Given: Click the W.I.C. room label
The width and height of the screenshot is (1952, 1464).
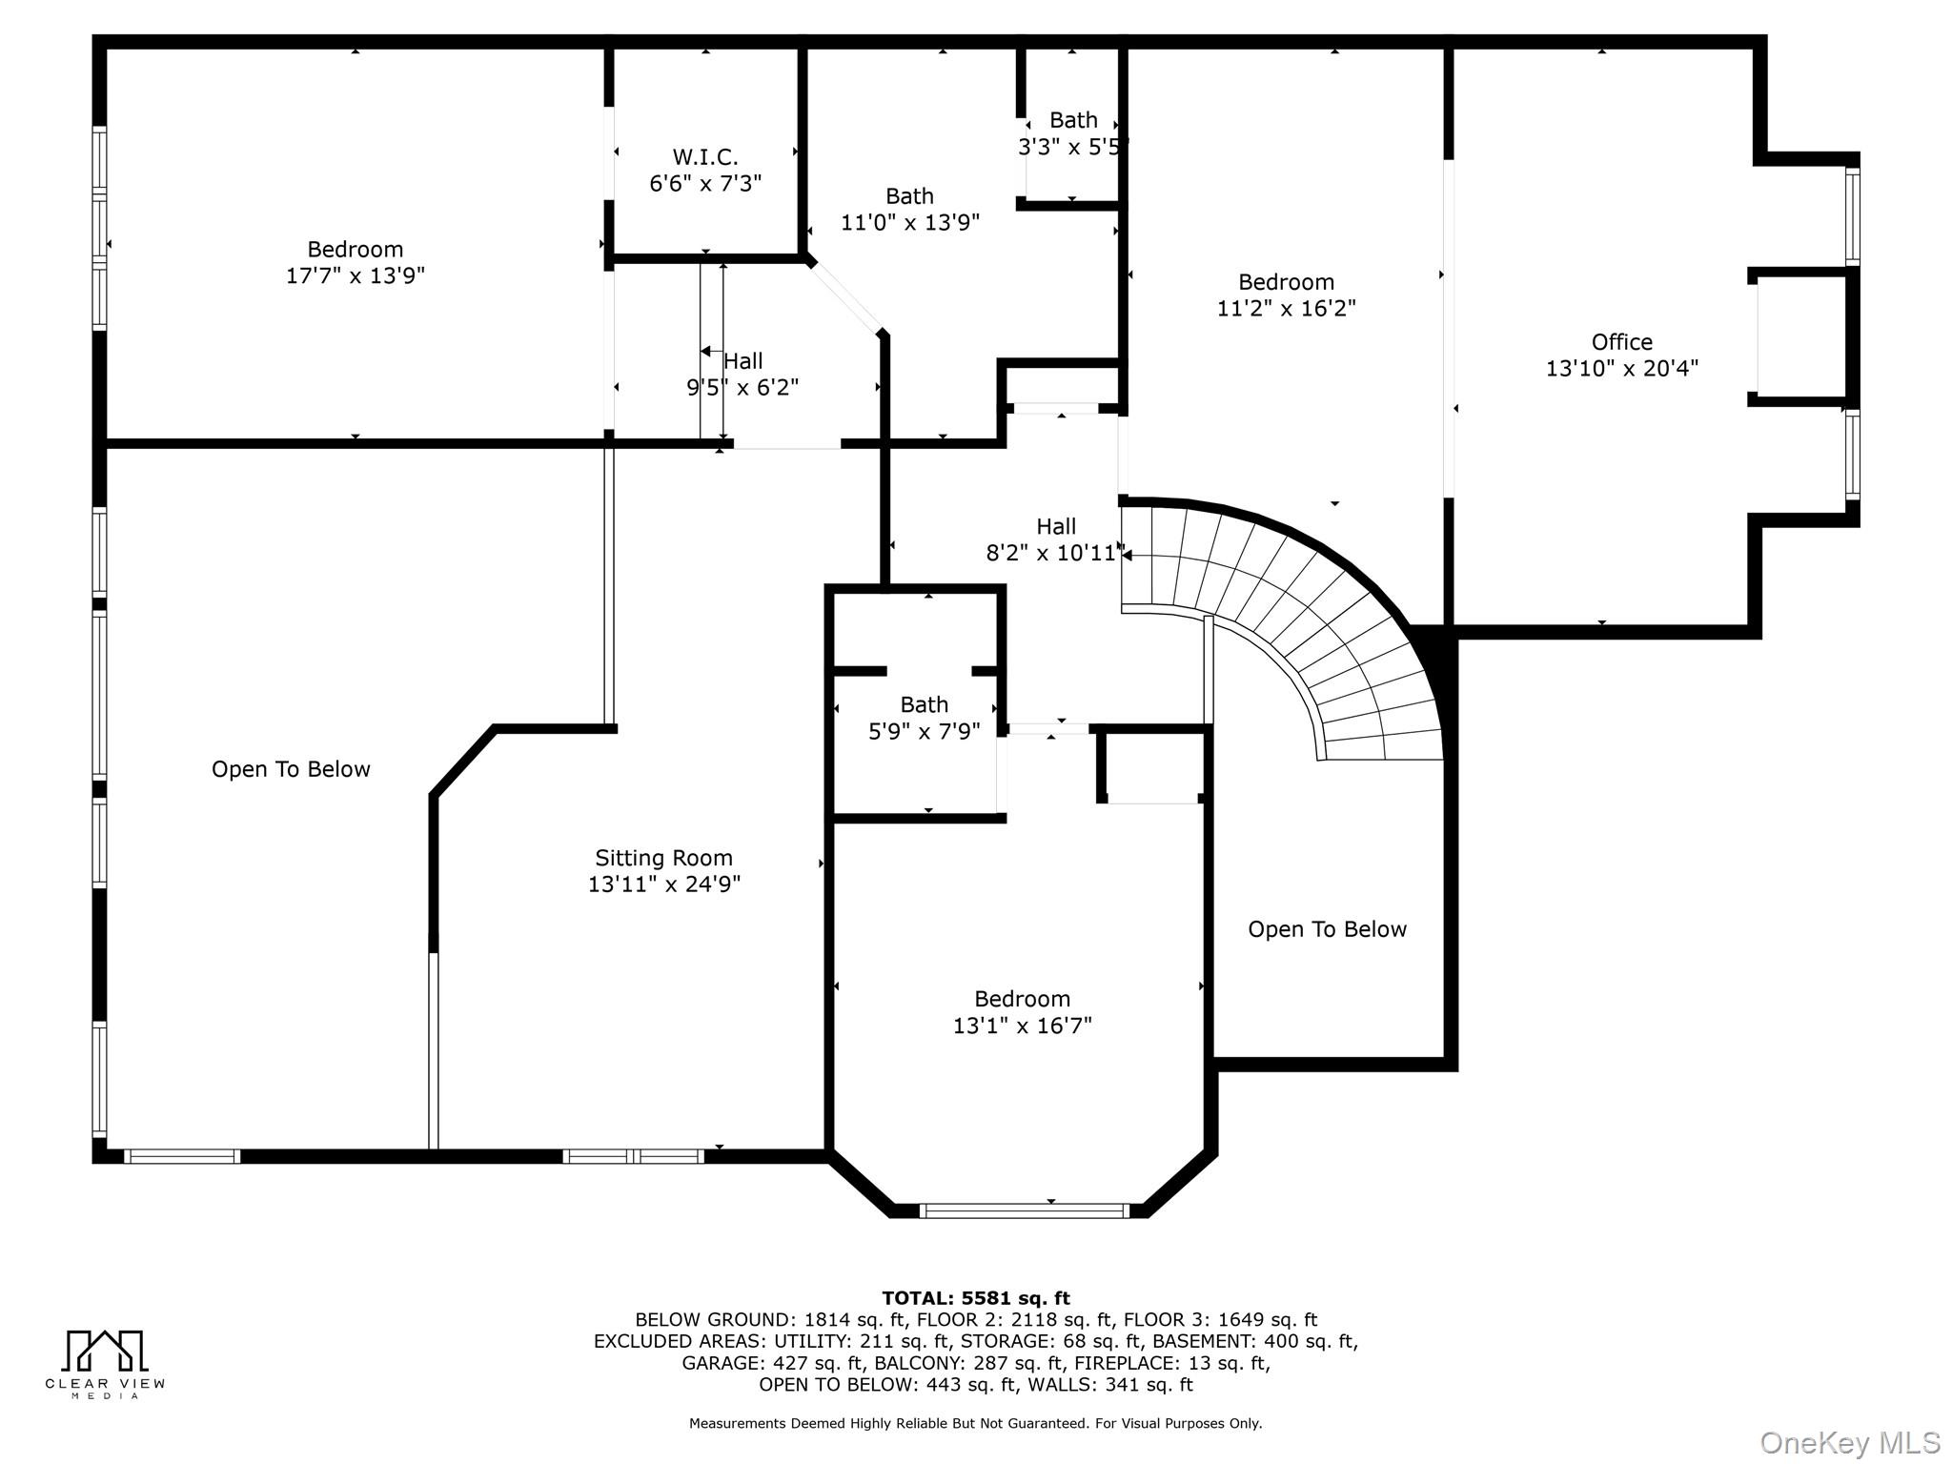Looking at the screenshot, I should [705, 157].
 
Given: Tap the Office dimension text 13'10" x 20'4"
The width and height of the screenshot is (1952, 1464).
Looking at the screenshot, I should [1621, 369].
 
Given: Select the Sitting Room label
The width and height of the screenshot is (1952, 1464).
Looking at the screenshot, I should [663, 858].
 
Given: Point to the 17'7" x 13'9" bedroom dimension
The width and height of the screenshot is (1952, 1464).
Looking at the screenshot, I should [355, 276].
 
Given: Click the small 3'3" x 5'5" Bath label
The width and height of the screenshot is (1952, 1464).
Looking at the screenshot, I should [1073, 121].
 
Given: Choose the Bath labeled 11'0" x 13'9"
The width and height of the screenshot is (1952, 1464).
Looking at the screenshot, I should [909, 196].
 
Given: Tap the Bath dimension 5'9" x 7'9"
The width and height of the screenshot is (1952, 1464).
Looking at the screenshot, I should [924, 732].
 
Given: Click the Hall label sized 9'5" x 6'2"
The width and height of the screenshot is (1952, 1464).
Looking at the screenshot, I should [742, 361].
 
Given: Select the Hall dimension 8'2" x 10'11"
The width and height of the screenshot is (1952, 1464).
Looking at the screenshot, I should [1055, 554].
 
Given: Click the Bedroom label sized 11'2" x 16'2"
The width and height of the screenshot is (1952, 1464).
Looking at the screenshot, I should [1286, 282].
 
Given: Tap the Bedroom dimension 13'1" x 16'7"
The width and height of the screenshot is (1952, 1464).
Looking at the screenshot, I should [1022, 1026].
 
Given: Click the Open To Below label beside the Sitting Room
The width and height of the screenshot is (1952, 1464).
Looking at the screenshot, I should [291, 769].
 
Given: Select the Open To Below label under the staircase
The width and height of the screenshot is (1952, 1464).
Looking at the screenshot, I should [1327, 929].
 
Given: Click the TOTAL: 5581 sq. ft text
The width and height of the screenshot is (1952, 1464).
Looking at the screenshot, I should [975, 1298].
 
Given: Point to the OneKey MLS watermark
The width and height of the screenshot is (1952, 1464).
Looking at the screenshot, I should [1849, 1443].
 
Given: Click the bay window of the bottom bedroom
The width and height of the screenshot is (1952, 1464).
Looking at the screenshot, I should [1023, 1210].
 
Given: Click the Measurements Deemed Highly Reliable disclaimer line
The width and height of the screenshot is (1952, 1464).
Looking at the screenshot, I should [975, 1423].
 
